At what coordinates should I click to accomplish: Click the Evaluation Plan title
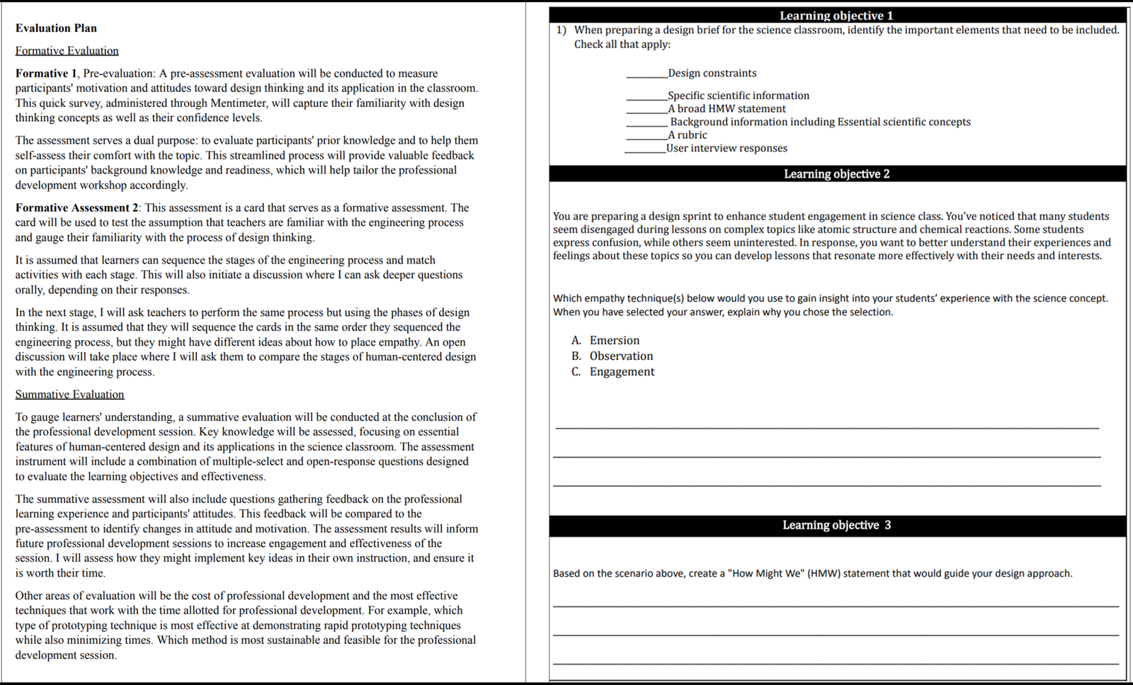[56, 28]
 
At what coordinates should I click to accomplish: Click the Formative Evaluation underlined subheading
[67, 51]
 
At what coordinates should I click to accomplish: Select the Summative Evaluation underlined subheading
[69, 395]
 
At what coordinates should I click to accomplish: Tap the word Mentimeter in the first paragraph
[238, 103]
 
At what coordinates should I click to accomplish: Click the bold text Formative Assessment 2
[77, 208]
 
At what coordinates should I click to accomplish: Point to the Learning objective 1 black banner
[836, 16]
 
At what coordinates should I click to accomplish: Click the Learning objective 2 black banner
[836, 174]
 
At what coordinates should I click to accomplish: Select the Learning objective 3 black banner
[836, 525]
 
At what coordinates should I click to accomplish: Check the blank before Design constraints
[646, 74]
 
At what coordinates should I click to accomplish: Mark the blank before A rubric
[646, 135]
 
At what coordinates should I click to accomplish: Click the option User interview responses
[727, 148]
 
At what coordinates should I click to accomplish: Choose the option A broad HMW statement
[727, 109]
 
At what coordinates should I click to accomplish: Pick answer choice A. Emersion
[606, 341]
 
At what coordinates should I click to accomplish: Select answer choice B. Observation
[613, 356]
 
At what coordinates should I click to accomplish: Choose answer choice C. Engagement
[614, 372]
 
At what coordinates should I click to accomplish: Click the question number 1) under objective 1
[561, 30]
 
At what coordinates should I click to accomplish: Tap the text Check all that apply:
[622, 44]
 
